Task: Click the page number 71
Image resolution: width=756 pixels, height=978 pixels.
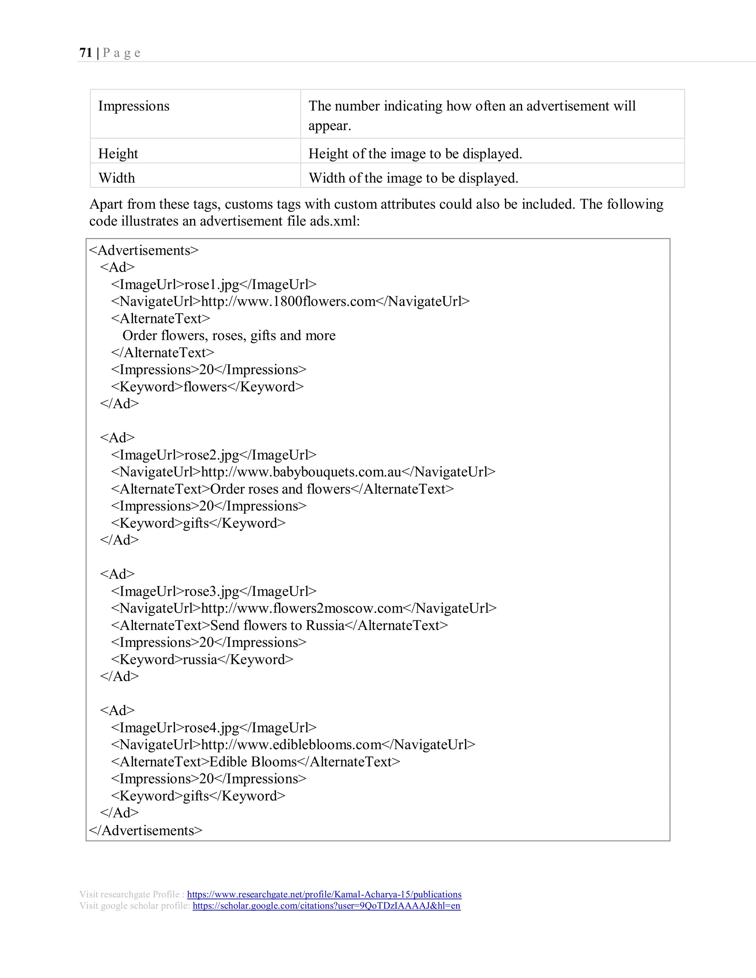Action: click(x=86, y=53)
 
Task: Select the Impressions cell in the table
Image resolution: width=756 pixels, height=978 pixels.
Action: click(x=134, y=106)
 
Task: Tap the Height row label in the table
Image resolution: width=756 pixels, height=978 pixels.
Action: click(x=118, y=154)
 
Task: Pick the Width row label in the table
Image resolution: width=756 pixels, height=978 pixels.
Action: click(x=116, y=178)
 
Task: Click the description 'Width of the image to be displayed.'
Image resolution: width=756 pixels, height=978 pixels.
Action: click(x=413, y=178)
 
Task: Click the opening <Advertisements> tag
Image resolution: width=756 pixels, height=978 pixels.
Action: click(x=143, y=250)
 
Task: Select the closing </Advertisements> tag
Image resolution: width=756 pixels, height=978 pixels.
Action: click(x=145, y=830)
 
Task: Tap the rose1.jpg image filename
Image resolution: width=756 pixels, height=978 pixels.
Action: click(x=212, y=284)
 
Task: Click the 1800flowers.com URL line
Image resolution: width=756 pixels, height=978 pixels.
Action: click(x=290, y=302)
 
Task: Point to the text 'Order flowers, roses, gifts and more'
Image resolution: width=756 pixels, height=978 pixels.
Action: click(x=229, y=335)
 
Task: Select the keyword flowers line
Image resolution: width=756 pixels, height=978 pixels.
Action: click(x=207, y=386)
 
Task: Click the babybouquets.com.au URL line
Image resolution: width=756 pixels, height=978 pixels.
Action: click(x=303, y=472)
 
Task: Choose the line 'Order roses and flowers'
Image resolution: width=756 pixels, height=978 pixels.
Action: click(x=282, y=489)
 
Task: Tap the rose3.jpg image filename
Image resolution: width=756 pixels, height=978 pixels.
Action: click(x=212, y=591)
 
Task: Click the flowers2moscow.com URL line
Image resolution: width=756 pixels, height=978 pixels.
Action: click(x=304, y=608)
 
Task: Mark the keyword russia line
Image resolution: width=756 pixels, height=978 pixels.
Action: click(x=202, y=659)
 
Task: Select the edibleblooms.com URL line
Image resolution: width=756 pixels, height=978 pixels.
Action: click(x=293, y=745)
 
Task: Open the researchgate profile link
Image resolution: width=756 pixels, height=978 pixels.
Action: click(x=324, y=894)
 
